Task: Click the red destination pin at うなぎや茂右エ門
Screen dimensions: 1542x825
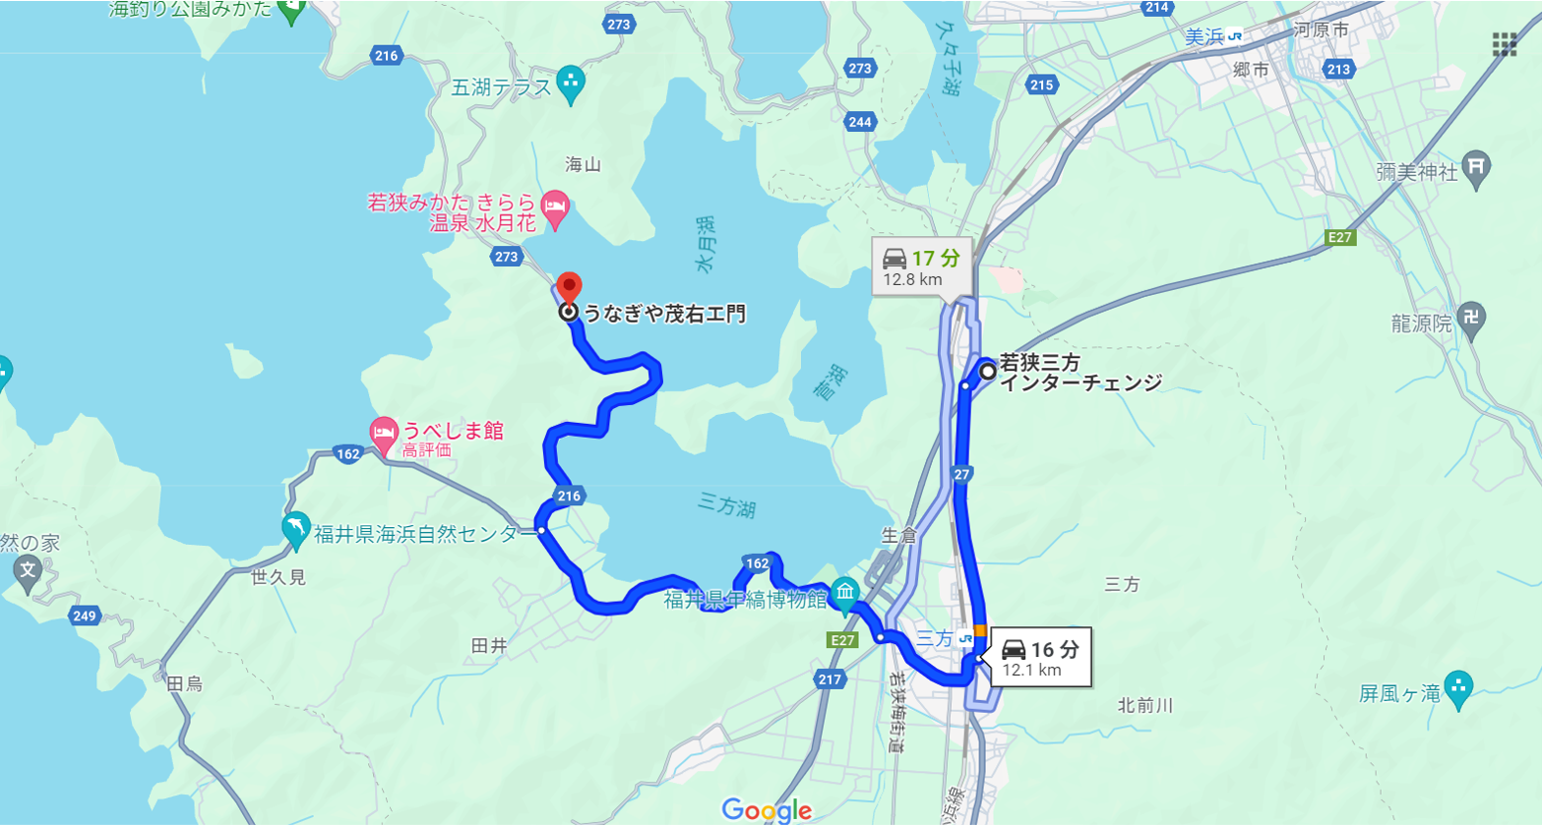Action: (x=569, y=288)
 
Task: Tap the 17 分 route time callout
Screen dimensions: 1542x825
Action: (x=921, y=266)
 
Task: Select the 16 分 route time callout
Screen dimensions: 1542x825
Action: (x=1039, y=657)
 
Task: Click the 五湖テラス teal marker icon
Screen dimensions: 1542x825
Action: (x=571, y=85)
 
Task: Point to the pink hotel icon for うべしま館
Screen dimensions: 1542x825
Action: (x=383, y=431)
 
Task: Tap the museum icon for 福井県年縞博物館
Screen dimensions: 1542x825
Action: (x=844, y=592)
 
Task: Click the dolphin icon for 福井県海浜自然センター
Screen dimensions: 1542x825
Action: (x=295, y=529)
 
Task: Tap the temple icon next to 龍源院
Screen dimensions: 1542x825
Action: (x=1472, y=318)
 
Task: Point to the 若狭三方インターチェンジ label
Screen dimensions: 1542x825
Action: (x=1079, y=373)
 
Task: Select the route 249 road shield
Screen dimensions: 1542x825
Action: (x=85, y=617)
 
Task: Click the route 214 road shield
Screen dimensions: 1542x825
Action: (x=1157, y=8)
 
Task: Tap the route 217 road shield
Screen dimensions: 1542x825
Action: (x=830, y=678)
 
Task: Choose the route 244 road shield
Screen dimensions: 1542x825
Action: (x=860, y=121)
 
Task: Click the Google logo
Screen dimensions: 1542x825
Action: (x=767, y=810)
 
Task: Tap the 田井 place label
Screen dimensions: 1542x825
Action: (x=489, y=646)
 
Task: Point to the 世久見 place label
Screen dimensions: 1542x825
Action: (x=278, y=577)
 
